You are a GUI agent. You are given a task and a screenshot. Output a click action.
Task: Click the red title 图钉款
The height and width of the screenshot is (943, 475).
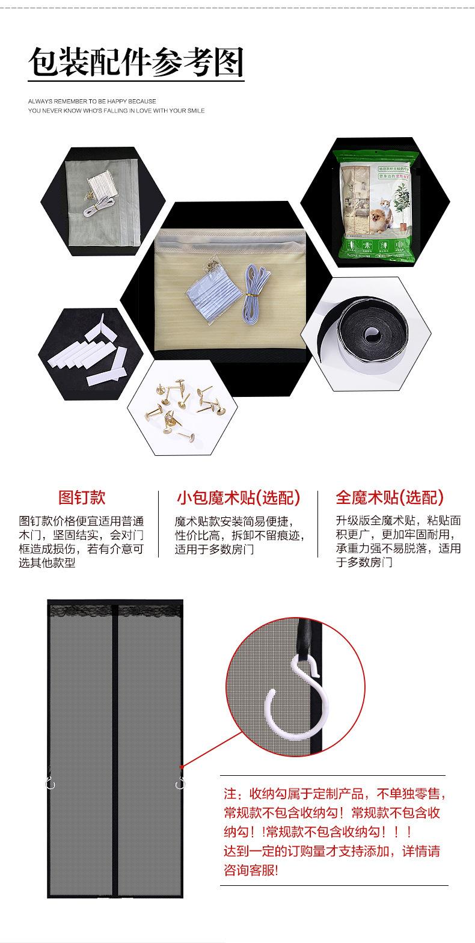tap(82, 497)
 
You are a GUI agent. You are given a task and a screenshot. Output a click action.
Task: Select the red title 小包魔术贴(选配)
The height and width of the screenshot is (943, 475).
tap(238, 498)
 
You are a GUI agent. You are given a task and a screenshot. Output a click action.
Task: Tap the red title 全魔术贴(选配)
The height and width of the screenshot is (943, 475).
tap(390, 497)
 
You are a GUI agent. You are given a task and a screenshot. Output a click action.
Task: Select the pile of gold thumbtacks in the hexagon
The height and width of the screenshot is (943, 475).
tap(180, 403)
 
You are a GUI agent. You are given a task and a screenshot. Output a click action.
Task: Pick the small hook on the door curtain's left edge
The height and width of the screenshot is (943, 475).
tap(50, 782)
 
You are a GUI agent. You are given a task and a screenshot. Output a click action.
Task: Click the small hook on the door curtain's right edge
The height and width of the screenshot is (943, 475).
tap(179, 783)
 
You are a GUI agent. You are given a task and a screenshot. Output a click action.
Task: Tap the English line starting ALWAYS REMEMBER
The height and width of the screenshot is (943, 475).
tap(92, 101)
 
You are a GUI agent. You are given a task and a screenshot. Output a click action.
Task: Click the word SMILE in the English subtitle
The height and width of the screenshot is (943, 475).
tap(194, 111)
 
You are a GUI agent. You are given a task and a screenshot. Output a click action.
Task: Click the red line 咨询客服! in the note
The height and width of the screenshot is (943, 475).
tap(251, 871)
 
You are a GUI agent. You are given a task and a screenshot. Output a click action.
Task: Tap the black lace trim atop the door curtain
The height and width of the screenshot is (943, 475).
tap(115, 610)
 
